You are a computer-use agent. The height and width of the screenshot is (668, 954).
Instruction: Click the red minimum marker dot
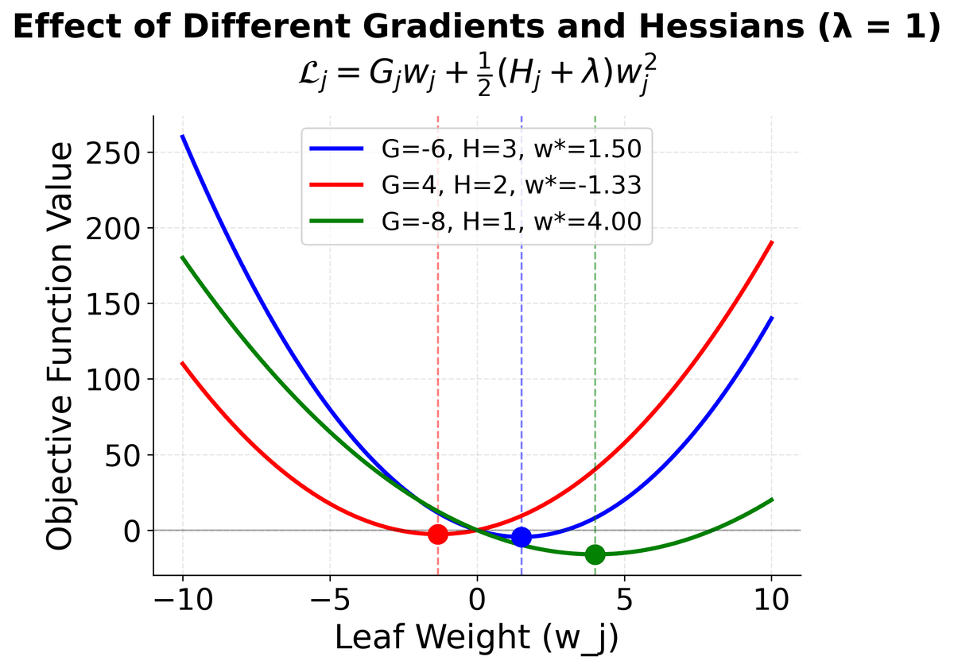point(437,534)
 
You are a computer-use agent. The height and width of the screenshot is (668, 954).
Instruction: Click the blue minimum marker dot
point(522,537)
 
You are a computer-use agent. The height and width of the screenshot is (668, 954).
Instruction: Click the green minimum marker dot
point(595,554)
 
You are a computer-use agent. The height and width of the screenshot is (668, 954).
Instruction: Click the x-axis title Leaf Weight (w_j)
point(476,638)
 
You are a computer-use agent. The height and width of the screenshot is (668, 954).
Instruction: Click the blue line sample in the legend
point(336,149)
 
